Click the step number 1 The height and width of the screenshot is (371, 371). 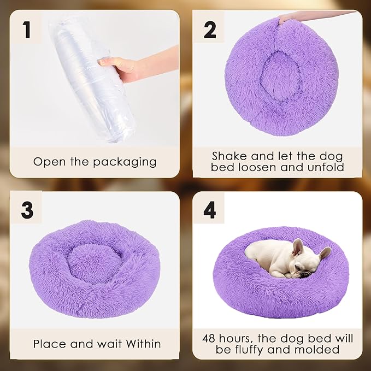coord(27,30)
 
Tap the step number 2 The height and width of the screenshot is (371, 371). coord(210,30)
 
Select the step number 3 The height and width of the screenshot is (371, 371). coord(27,210)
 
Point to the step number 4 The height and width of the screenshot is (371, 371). coord(210,210)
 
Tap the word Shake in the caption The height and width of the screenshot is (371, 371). coord(229,156)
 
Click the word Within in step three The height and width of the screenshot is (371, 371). coord(139,344)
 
